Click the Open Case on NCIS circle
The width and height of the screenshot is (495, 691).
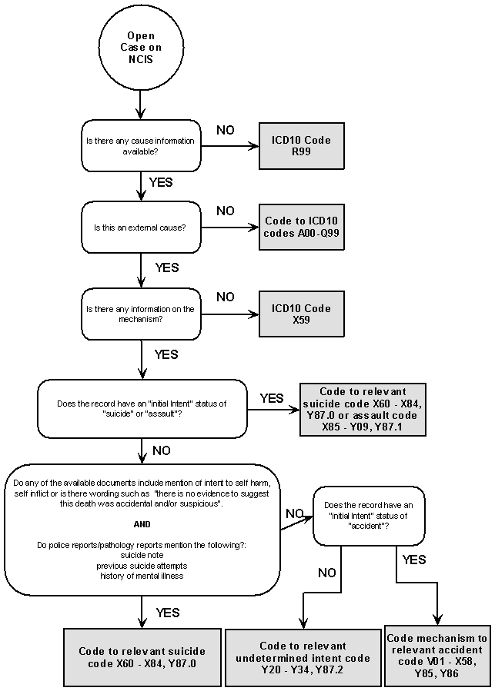pos(141,48)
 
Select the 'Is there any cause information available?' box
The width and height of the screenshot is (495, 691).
pos(141,145)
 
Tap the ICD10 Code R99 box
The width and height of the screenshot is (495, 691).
pos(301,146)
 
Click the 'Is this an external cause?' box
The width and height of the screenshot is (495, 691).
pos(141,227)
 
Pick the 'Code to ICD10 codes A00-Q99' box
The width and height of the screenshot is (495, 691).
pos(301,227)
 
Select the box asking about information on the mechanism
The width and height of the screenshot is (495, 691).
pos(141,314)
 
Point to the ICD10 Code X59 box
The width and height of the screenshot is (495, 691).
pos(301,314)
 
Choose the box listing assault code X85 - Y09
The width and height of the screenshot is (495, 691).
pos(362,410)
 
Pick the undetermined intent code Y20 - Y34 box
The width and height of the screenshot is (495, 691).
pos(303,658)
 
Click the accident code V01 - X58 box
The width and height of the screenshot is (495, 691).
pos(436,656)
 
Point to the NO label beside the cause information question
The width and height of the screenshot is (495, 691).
pos(225,131)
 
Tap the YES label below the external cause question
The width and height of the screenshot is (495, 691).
pos(166,267)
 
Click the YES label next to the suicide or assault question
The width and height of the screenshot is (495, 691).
pos(271,398)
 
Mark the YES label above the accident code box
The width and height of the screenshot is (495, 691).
pos(413,560)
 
